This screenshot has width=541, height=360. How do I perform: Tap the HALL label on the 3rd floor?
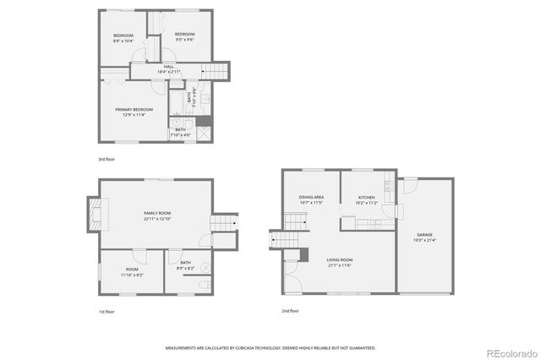point(168,66)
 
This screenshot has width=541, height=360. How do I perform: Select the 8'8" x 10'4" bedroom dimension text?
point(124,41)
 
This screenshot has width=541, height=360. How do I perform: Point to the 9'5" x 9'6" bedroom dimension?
point(185,40)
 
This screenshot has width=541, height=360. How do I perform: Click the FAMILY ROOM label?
point(157,213)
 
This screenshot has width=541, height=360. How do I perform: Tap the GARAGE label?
point(424,234)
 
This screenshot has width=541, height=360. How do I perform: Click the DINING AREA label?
point(311,198)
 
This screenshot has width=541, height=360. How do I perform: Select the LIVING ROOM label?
point(341,259)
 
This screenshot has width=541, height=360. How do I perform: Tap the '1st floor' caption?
point(107,312)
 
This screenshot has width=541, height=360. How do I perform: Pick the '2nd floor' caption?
point(291,310)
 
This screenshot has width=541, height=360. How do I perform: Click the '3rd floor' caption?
point(107,159)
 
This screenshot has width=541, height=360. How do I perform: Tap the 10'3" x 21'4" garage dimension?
point(424,240)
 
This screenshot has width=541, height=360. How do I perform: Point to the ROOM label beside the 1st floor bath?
point(132,270)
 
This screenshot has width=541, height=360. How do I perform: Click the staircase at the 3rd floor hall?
point(219,72)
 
